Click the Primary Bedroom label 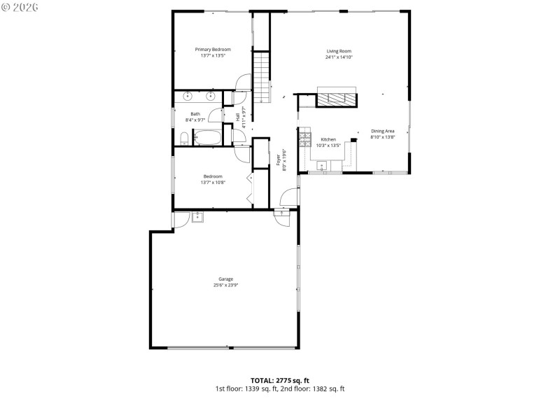point(213,50)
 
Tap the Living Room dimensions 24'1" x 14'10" point(339,57)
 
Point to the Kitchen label point(328,139)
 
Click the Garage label point(225,279)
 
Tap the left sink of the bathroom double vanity point(188,97)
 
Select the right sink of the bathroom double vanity point(209,97)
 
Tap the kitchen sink point(321,166)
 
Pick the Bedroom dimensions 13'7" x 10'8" point(213,183)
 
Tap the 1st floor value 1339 point(255,388)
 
